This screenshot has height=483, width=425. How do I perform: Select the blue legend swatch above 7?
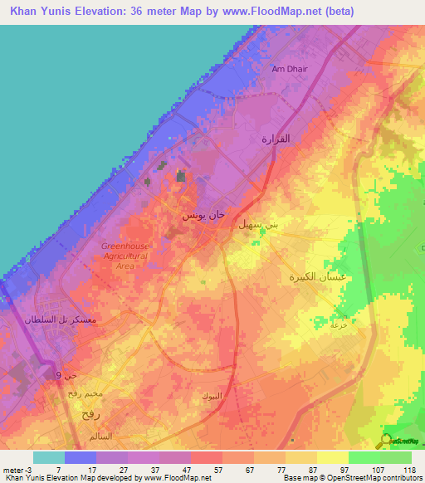click(81, 457)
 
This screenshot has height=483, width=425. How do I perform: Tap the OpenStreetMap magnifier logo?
click(388, 441)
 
